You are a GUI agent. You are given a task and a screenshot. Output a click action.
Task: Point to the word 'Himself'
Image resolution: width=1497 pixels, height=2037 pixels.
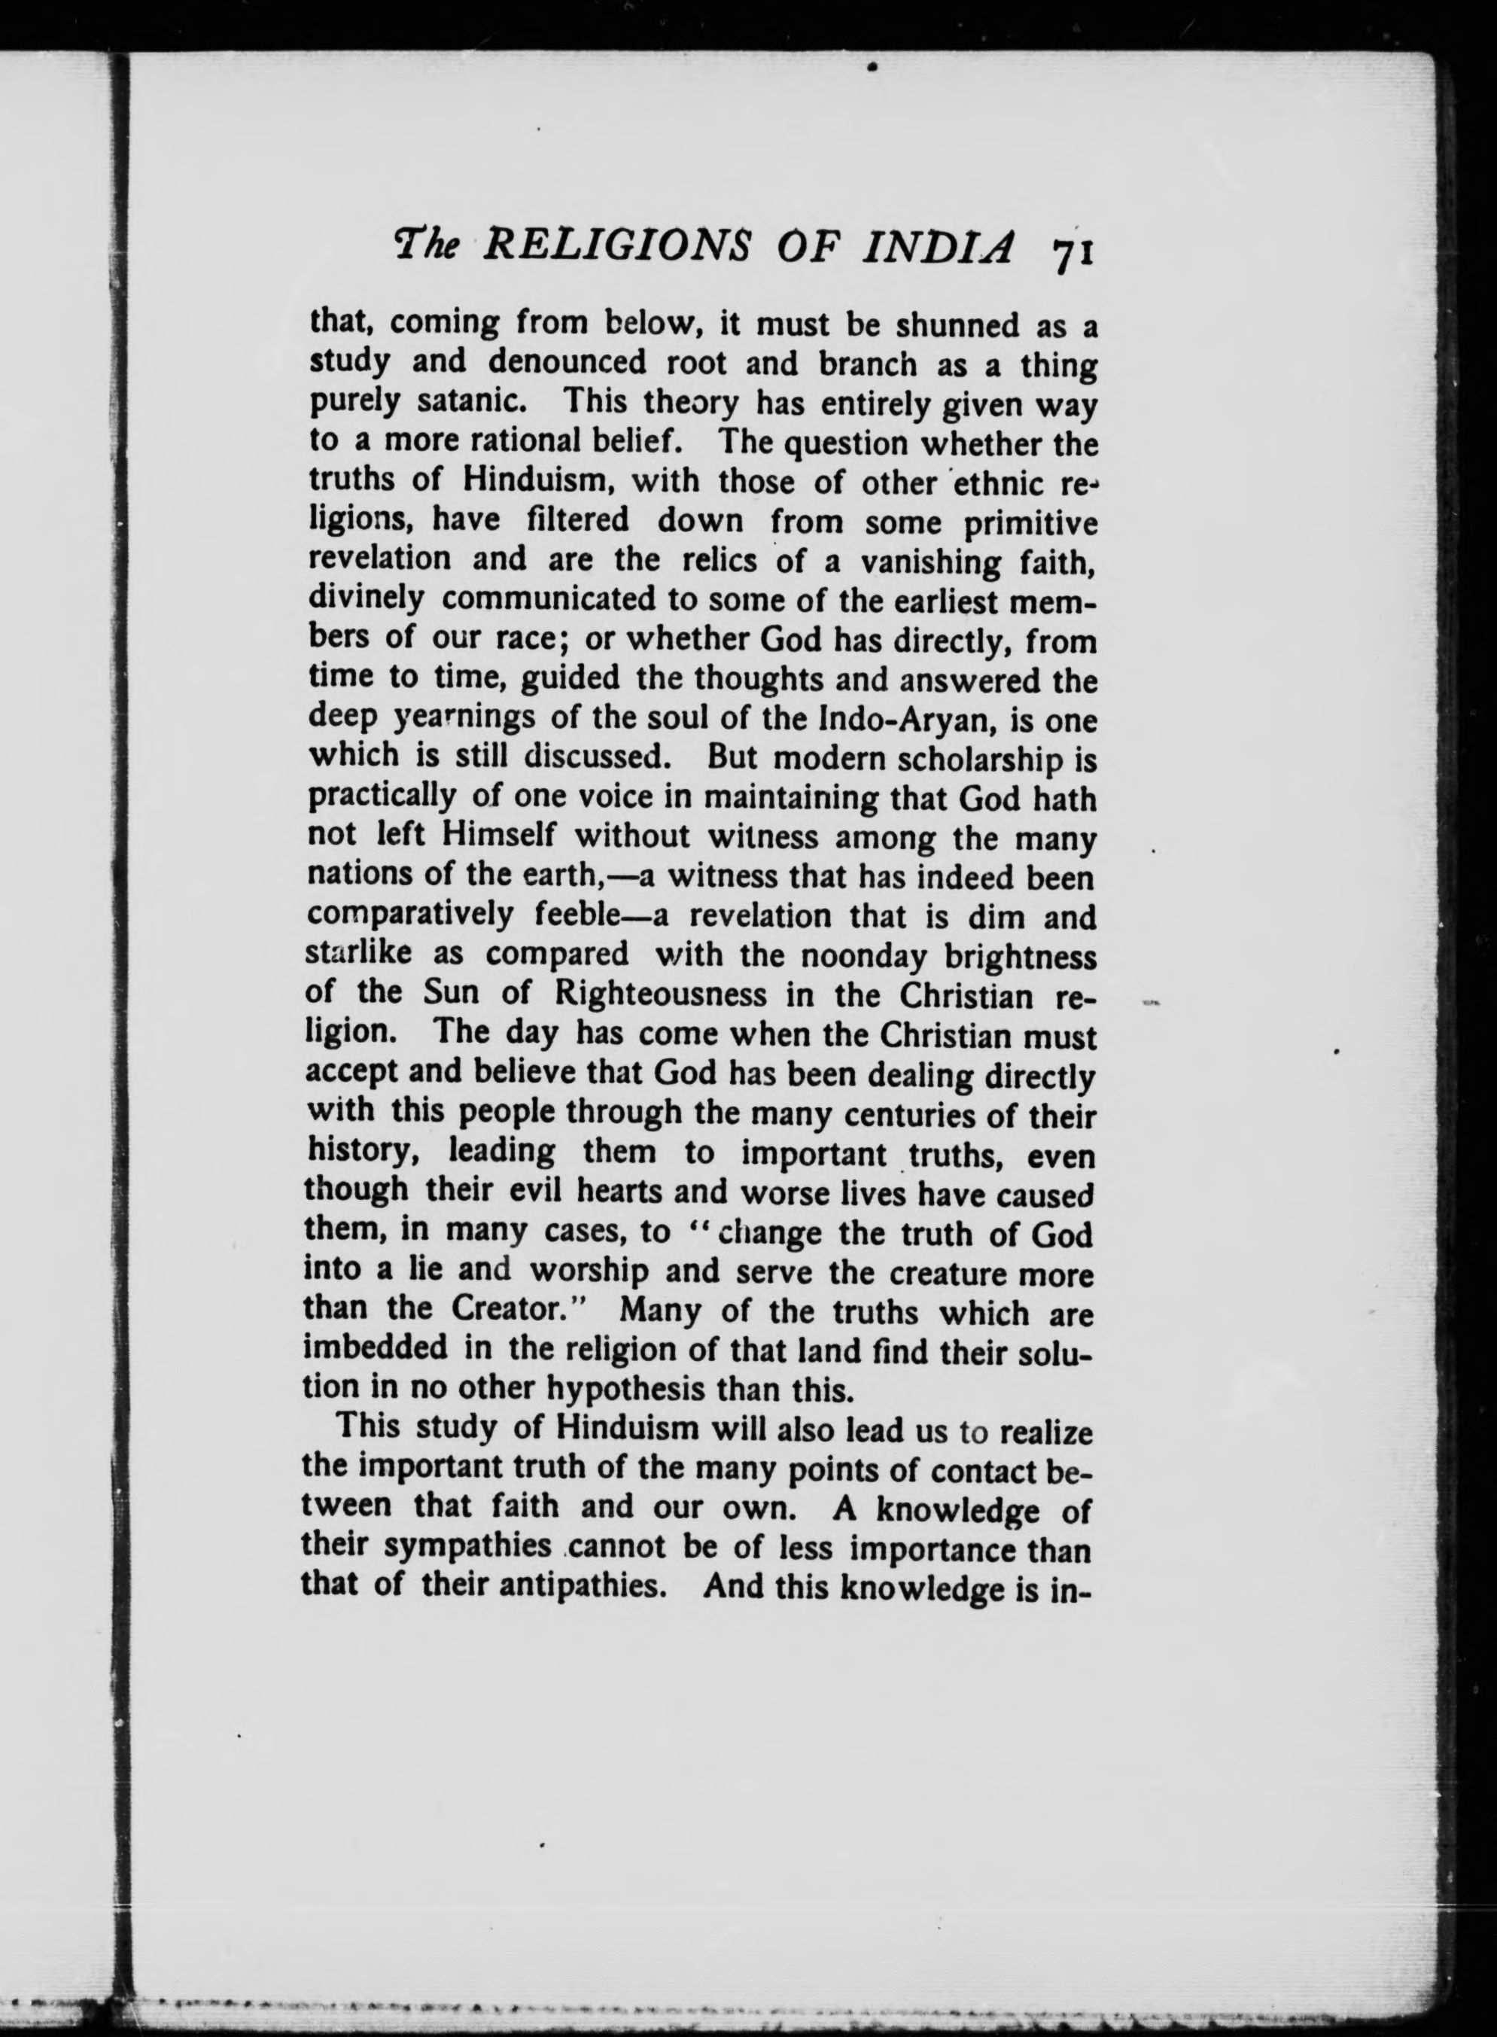[x=497, y=836]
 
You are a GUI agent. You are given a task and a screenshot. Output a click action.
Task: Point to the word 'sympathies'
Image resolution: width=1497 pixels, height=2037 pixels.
[x=467, y=1548]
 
